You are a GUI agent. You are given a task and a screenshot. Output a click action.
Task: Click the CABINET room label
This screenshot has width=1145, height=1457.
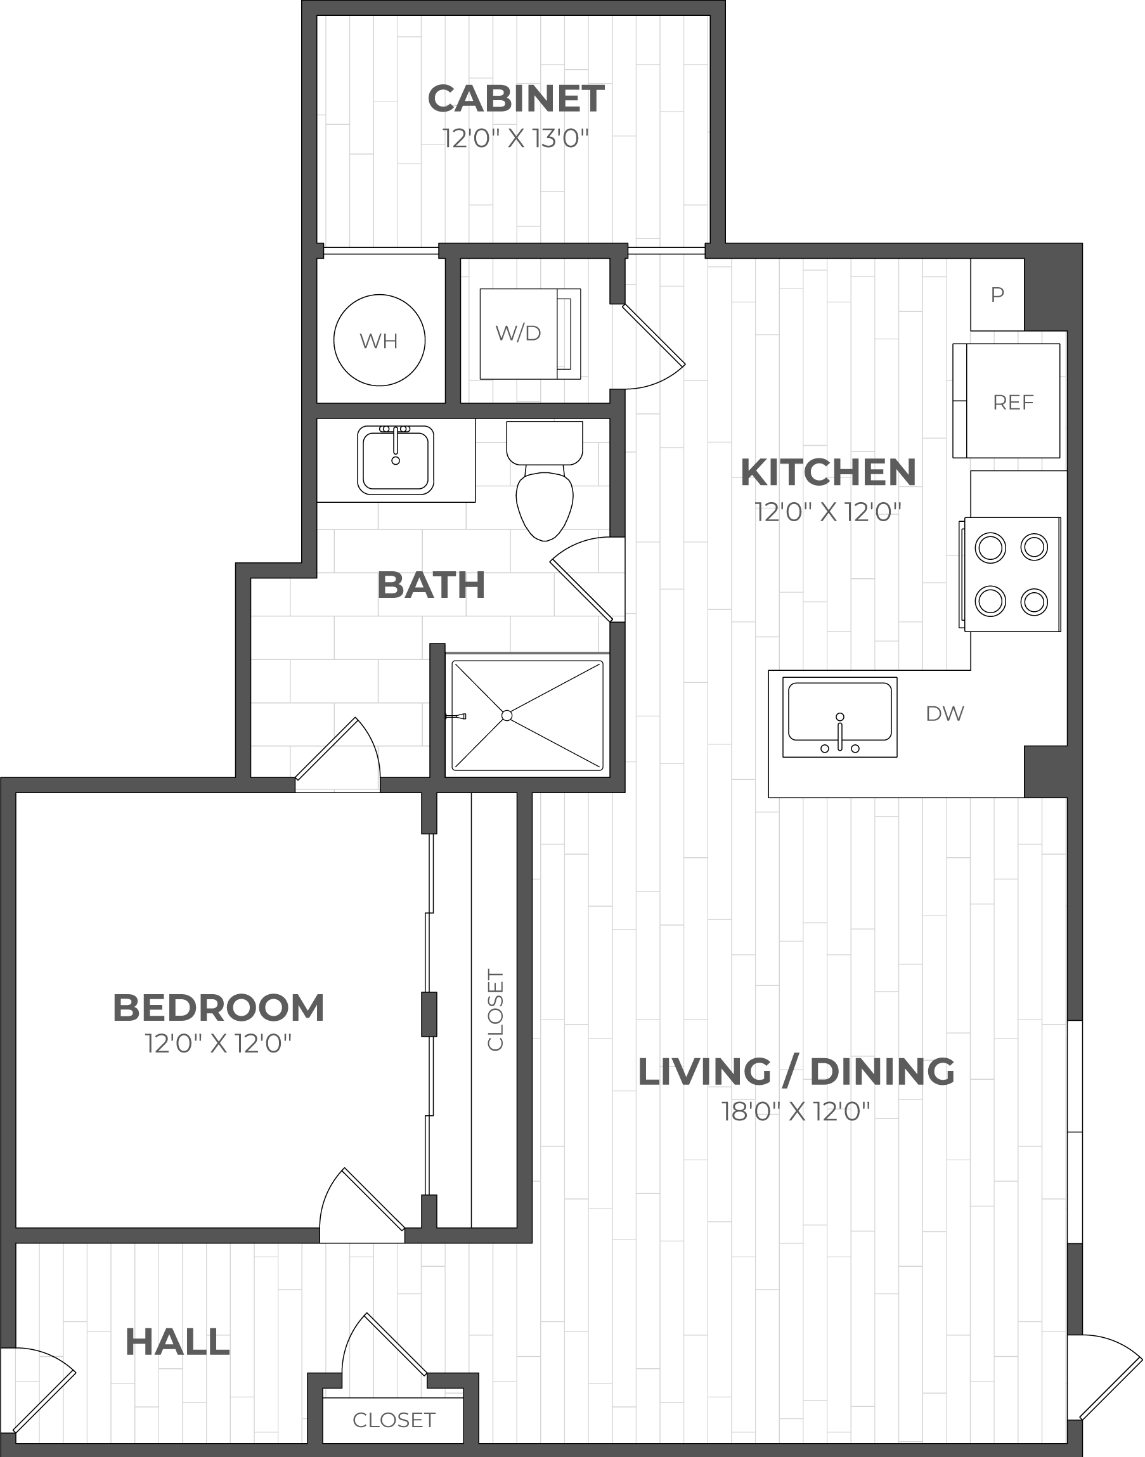tap(516, 100)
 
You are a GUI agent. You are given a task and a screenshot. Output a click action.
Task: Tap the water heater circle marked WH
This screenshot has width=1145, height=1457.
tap(379, 340)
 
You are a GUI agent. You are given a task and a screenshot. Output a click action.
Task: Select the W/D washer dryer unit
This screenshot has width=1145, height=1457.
tap(530, 333)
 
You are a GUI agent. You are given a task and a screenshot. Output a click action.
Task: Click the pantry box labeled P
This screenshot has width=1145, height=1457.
tap(997, 294)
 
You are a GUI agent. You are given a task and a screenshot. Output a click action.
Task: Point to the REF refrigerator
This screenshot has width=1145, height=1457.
tap(1006, 401)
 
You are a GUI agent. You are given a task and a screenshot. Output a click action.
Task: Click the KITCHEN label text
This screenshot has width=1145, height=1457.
tap(829, 473)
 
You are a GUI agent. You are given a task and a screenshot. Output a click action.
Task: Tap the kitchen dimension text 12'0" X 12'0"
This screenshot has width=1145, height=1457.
tap(829, 513)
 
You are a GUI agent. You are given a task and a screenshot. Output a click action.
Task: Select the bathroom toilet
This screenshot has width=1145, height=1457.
tap(545, 479)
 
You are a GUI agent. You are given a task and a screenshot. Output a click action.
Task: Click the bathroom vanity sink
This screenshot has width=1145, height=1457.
tap(396, 460)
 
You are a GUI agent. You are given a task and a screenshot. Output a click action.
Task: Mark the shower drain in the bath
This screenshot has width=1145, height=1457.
tap(507, 715)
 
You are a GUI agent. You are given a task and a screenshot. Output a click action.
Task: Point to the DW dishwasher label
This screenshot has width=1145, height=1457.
tap(945, 714)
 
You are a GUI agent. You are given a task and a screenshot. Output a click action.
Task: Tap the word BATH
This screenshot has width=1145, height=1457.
tap(431, 585)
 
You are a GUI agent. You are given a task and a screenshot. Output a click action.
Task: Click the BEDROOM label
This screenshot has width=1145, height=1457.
tap(219, 1007)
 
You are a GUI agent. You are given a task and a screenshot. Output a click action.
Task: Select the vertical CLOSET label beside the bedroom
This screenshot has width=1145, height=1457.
tap(495, 1010)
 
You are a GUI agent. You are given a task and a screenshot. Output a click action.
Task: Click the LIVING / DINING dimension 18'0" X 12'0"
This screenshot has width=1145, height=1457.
tap(796, 1112)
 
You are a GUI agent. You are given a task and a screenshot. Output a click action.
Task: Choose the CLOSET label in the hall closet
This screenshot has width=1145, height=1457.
tap(394, 1420)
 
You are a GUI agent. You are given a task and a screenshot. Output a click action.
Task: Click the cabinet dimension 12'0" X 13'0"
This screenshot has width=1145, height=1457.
tap(516, 139)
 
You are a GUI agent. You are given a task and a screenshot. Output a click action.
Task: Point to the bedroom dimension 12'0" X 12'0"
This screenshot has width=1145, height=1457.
tap(219, 1044)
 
